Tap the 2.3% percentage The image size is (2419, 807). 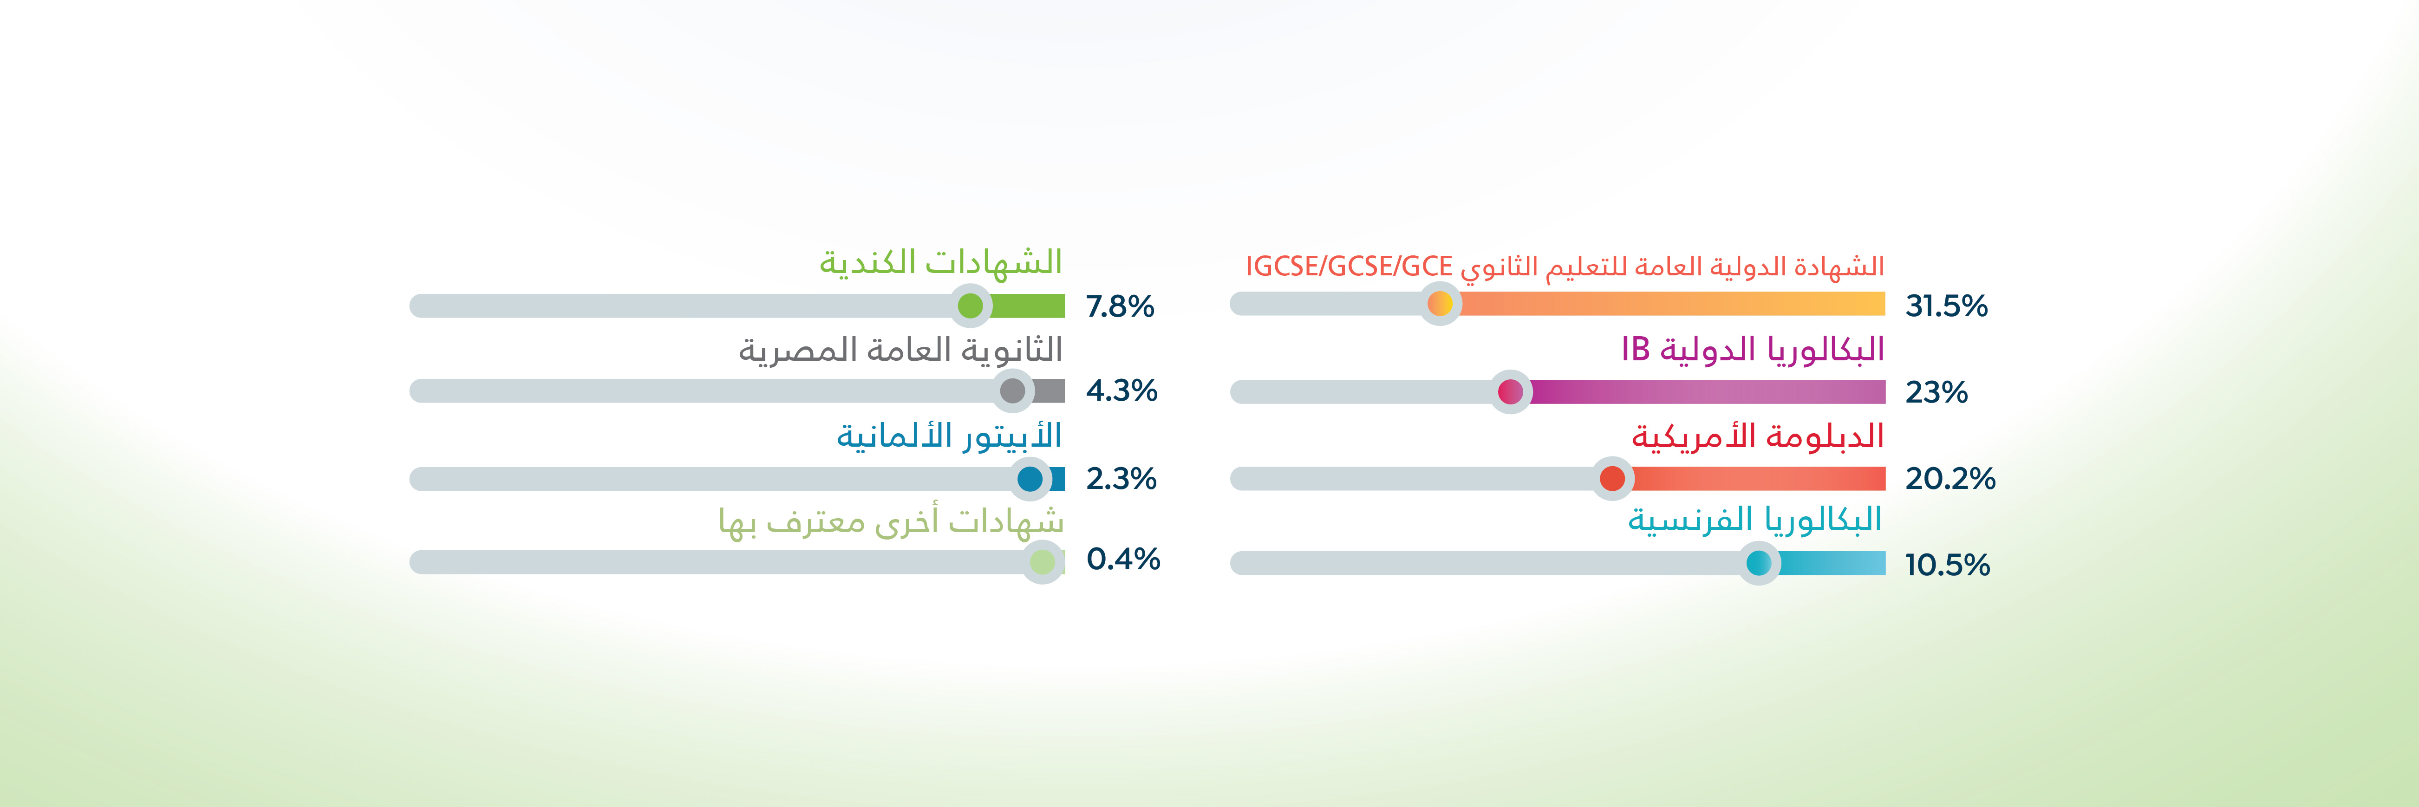tap(1121, 479)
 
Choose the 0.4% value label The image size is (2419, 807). tap(1123, 560)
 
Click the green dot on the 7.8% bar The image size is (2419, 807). tap(970, 306)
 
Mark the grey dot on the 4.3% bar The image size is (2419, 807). tap(1012, 391)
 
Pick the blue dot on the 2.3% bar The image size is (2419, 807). tap(1030, 479)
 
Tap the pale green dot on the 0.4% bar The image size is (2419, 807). tap(1043, 563)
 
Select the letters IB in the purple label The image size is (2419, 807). tap(1636, 350)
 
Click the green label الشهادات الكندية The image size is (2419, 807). tap(941, 261)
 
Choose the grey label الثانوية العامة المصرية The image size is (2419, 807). tap(900, 350)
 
